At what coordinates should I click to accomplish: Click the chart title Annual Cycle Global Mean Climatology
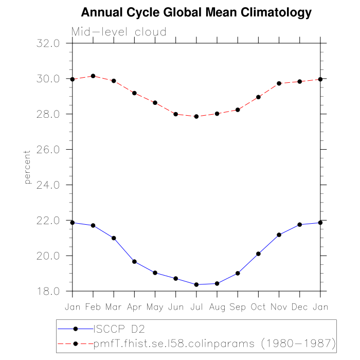pos(196,12)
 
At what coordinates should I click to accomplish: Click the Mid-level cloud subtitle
pos(119,32)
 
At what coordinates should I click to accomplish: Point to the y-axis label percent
pos(27,167)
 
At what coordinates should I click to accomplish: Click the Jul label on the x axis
pos(196,307)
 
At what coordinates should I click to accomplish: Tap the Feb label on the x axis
pos(93,307)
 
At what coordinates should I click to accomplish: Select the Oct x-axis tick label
pos(258,307)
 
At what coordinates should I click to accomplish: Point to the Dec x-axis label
pos(300,307)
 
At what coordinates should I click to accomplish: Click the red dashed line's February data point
pos(93,76)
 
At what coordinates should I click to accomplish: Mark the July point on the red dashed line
pos(196,116)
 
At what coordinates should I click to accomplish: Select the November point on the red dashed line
pos(279,83)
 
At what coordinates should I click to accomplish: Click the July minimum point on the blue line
pos(196,284)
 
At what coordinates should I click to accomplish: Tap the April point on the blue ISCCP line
pos(134,262)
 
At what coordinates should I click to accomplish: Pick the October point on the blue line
pos(258,254)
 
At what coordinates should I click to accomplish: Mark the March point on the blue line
pos(114,238)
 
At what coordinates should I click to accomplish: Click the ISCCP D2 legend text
pos(117,328)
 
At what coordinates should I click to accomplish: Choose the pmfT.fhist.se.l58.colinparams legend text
pos(215,343)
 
